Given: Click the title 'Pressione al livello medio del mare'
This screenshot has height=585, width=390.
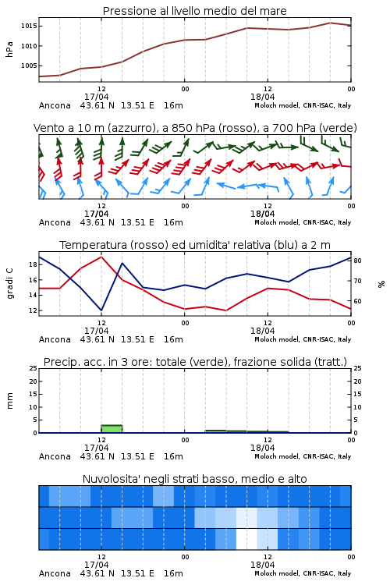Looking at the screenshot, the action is click(x=194, y=11).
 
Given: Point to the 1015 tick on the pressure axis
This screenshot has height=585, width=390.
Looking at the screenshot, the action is click(x=29, y=26).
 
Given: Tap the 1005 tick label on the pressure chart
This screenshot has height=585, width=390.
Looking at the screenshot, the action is click(x=29, y=66).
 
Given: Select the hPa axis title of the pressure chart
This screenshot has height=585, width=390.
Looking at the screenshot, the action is click(x=9, y=49).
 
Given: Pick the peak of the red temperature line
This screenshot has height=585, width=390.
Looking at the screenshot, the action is click(x=101, y=257).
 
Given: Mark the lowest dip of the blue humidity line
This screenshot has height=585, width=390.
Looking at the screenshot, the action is click(x=101, y=310).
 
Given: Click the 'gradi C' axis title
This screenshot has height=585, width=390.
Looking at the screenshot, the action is click(x=9, y=283).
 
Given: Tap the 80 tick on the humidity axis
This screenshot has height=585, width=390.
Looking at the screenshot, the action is click(x=357, y=261).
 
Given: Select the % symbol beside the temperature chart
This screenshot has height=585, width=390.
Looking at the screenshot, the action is click(x=381, y=284).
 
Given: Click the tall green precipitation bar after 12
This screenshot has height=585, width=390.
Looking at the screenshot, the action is click(x=112, y=429).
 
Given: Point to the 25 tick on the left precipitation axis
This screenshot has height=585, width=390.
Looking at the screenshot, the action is click(x=34, y=368).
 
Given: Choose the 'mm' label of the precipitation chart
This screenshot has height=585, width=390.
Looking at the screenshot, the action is click(x=9, y=401).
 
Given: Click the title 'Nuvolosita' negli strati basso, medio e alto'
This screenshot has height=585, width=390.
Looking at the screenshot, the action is click(x=194, y=479).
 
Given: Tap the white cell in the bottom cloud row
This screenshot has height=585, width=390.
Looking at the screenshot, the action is click(x=246, y=539).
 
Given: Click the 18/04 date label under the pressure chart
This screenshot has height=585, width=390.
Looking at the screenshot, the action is click(x=262, y=97).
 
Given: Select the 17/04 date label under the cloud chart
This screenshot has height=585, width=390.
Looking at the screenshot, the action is click(x=96, y=565).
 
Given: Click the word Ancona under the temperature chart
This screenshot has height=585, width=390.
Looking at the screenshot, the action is click(x=55, y=339).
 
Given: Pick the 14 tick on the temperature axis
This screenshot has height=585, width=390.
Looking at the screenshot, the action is click(x=34, y=295).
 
